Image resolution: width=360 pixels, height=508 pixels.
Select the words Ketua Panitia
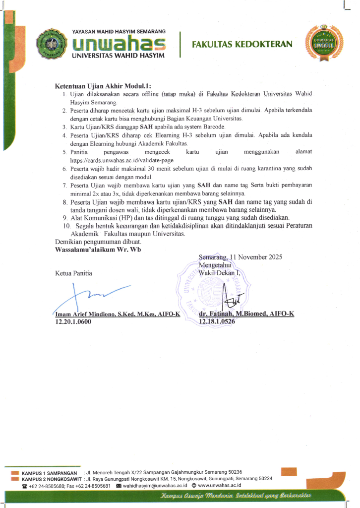click(x=73, y=273)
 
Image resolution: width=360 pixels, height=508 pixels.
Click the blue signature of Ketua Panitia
click(x=94, y=297)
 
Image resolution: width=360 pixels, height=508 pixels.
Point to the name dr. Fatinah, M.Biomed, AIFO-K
click(x=246, y=315)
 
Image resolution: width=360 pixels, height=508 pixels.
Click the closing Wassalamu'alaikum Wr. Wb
click(x=98, y=249)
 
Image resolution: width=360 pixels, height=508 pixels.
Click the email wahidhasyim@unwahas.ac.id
click(x=155, y=486)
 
